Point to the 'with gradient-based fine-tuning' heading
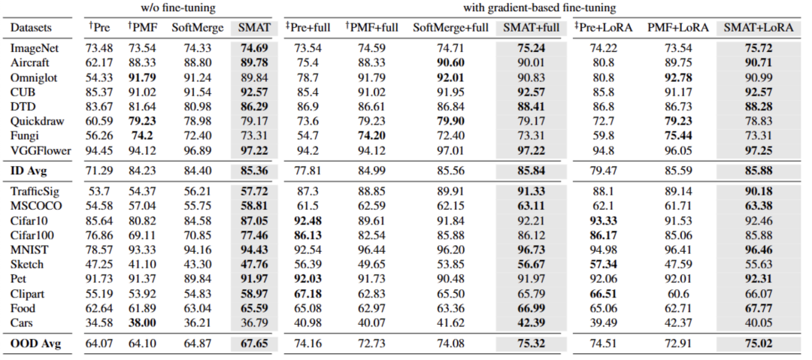tap(535, 8)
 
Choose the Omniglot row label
tap(34, 78)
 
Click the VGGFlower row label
tap(40, 150)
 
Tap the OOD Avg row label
tap(35, 344)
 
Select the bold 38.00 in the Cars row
tap(143, 322)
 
